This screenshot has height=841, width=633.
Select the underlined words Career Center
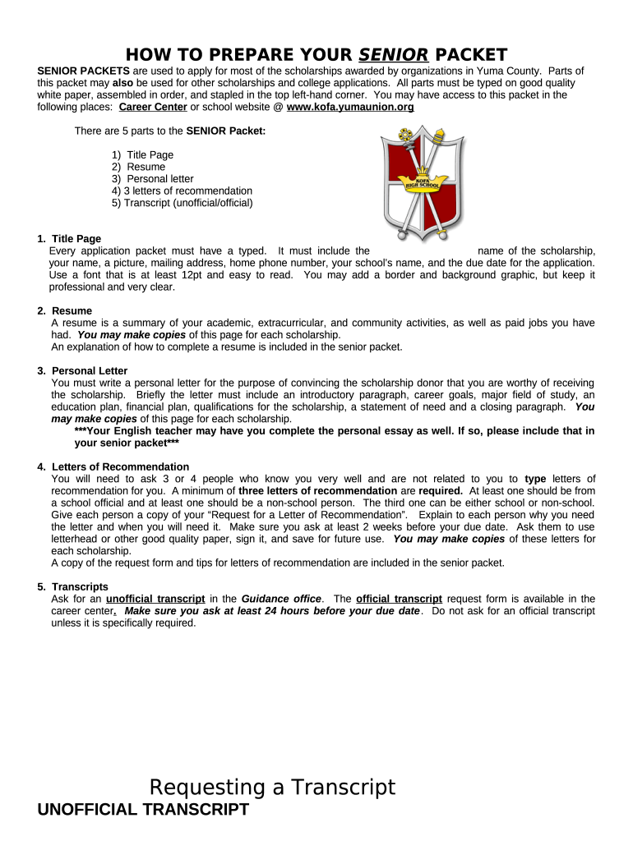pyautogui.click(x=153, y=107)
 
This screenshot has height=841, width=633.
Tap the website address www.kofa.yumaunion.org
pyautogui.click(x=350, y=107)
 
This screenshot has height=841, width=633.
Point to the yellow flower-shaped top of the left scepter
pyautogui.click(x=403, y=135)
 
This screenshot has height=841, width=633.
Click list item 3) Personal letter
pyautogui.click(x=152, y=178)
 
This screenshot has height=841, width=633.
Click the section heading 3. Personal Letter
pyautogui.click(x=83, y=370)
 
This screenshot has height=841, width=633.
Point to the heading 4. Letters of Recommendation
pyautogui.click(x=113, y=466)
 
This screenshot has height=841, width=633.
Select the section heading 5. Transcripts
pyautogui.click(x=73, y=586)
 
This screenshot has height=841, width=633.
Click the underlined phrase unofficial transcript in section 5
pyautogui.click(x=155, y=599)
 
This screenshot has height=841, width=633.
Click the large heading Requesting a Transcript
pyautogui.click(x=272, y=788)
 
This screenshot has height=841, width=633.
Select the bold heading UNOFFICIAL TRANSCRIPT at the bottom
pyautogui.click(x=143, y=810)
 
